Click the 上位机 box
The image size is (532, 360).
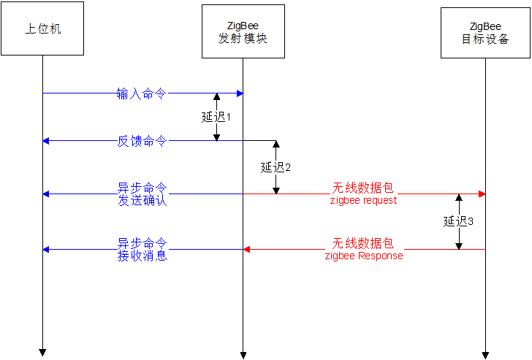point(42,28)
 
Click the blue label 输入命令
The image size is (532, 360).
point(142,93)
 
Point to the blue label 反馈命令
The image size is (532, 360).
point(142,141)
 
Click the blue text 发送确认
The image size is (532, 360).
point(142,200)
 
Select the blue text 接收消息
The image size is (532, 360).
point(142,256)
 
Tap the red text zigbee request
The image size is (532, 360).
point(363,200)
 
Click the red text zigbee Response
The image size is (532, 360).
point(364,256)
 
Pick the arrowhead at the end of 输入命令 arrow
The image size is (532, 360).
point(240,93)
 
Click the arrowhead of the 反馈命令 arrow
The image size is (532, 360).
point(46,141)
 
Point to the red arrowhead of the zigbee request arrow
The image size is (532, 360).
point(482,194)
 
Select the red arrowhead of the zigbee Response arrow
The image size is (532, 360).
point(247,249)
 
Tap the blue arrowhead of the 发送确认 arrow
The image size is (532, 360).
point(46,194)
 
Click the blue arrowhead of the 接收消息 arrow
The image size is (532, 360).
point(46,249)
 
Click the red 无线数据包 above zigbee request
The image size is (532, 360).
point(363,188)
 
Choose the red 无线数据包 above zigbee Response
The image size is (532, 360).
point(363,242)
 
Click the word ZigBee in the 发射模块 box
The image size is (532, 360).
point(243,26)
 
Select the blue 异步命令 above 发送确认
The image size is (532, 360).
point(142,187)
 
